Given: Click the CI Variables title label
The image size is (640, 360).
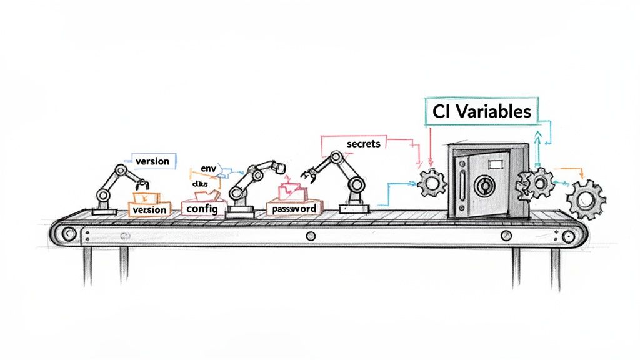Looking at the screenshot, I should click(481, 111).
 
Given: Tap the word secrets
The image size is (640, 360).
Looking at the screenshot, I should click(362, 144).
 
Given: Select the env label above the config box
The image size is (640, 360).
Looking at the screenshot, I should click(208, 169).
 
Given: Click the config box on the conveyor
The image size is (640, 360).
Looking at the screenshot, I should click(202, 209).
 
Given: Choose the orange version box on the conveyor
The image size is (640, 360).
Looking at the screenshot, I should click(150, 209).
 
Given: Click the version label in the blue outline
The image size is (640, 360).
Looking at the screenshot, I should click(152, 161).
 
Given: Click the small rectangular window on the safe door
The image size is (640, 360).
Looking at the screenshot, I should click(495, 164).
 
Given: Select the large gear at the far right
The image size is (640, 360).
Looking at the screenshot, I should click(586, 199).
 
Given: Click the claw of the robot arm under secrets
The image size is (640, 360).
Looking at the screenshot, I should click(309, 171).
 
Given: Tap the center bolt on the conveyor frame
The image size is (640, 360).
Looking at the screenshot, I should click(310, 236).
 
